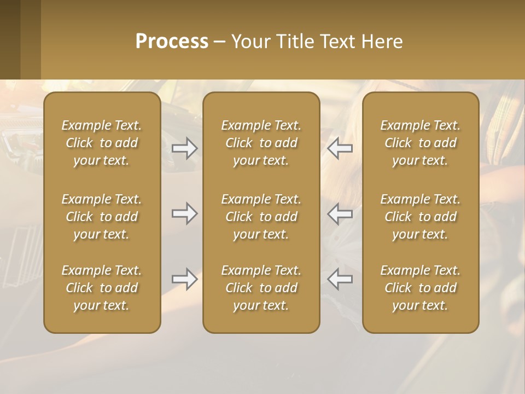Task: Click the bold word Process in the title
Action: [172, 42]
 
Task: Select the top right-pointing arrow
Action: [184, 148]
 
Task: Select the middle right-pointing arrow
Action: [184, 213]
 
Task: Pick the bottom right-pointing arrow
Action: [184, 279]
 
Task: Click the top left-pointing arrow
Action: [340, 148]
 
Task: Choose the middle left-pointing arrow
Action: [340, 213]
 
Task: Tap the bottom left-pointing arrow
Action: [340, 279]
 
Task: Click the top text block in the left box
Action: [102, 143]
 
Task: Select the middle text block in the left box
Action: [102, 217]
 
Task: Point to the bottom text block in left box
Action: [102, 288]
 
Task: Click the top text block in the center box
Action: [261, 143]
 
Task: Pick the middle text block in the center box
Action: [261, 217]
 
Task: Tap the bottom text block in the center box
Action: [261, 288]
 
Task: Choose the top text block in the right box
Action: [420, 143]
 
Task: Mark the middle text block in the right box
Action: [420, 217]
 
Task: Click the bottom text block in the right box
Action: [420, 288]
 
